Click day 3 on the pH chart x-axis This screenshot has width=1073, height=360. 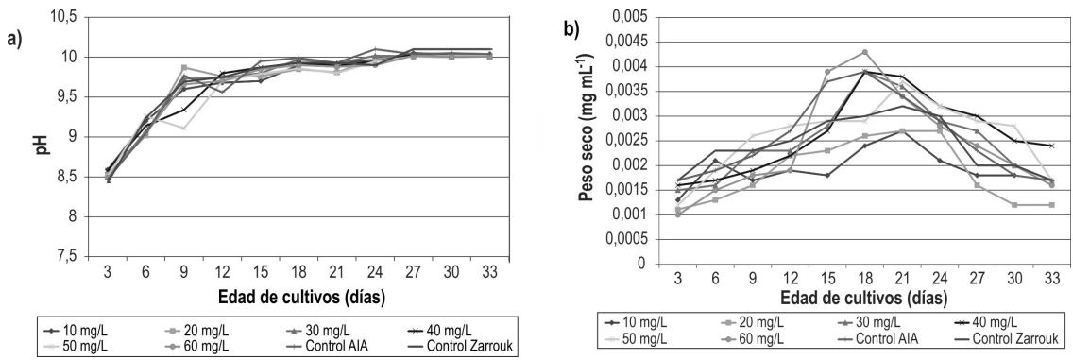pyautogui.click(x=107, y=272)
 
